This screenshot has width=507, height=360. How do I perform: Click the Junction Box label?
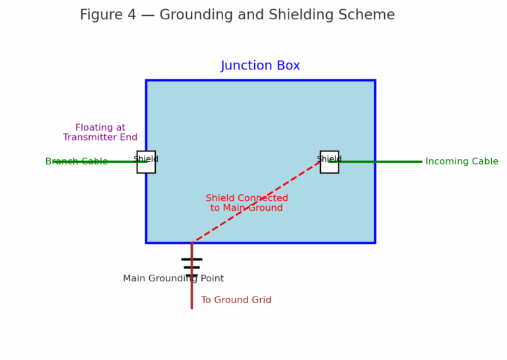(260, 66)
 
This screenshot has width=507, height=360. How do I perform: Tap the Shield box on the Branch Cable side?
(146, 162)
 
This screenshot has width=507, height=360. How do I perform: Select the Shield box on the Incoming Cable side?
(329, 162)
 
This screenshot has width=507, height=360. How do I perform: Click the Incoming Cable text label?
(461, 162)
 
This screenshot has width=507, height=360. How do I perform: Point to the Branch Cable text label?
(76, 162)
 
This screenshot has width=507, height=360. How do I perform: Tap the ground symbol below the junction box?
(191, 267)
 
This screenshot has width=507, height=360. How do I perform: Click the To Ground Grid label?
(236, 301)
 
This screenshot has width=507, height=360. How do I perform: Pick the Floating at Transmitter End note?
(100, 133)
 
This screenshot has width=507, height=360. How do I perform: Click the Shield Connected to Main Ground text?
(247, 203)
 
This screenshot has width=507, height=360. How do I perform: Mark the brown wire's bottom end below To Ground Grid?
(191, 307)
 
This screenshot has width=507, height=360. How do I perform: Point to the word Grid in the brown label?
(259, 301)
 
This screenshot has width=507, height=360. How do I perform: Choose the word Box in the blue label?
(287, 66)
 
